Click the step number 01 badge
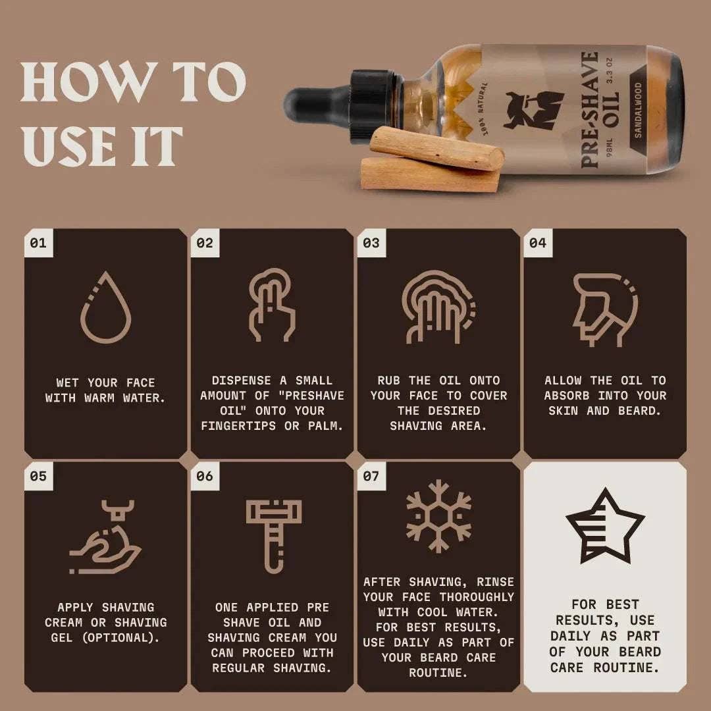click(38, 243)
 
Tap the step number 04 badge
click(537, 243)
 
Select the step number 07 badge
click(371, 475)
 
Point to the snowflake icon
click(438, 515)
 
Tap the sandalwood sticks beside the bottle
click(432, 161)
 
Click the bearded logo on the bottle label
click(533, 109)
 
